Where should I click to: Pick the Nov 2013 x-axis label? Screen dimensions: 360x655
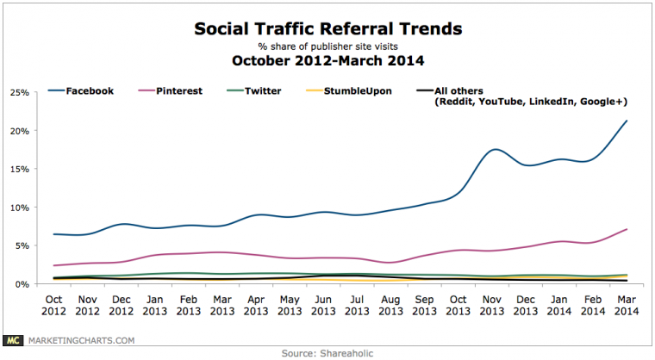pos(491,304)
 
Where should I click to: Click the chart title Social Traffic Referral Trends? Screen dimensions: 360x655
pos(327,29)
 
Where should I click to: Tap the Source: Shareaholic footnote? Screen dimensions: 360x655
pos(327,351)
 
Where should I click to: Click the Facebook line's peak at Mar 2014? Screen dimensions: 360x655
pos(625,121)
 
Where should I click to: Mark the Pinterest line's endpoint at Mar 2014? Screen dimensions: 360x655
pos(625,229)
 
